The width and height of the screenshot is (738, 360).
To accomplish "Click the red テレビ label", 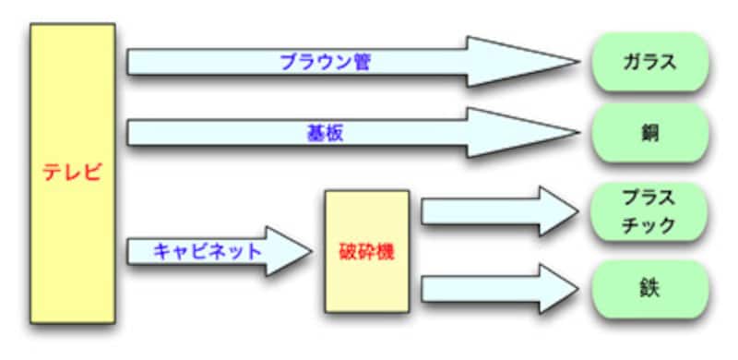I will (73, 173).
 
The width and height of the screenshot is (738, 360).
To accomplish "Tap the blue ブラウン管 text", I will (316, 63).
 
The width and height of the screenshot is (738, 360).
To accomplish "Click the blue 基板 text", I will (324, 133).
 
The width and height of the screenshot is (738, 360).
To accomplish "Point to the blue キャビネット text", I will (208, 250).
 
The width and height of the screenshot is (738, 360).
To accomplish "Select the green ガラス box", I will (649, 63).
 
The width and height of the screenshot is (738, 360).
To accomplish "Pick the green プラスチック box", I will (649, 211).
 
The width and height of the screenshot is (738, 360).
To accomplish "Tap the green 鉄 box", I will (649, 289).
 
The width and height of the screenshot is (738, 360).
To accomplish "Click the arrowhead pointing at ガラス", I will (521, 63).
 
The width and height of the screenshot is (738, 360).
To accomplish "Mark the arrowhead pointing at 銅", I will (521, 133).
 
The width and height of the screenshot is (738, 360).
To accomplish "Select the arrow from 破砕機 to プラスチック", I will (498, 211).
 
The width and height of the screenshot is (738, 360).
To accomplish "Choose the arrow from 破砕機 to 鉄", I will (498, 288).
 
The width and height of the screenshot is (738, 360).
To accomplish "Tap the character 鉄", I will (649, 289).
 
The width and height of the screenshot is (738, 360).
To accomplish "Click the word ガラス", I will (649, 63).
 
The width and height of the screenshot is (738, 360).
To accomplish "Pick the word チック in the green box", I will (649, 224).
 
